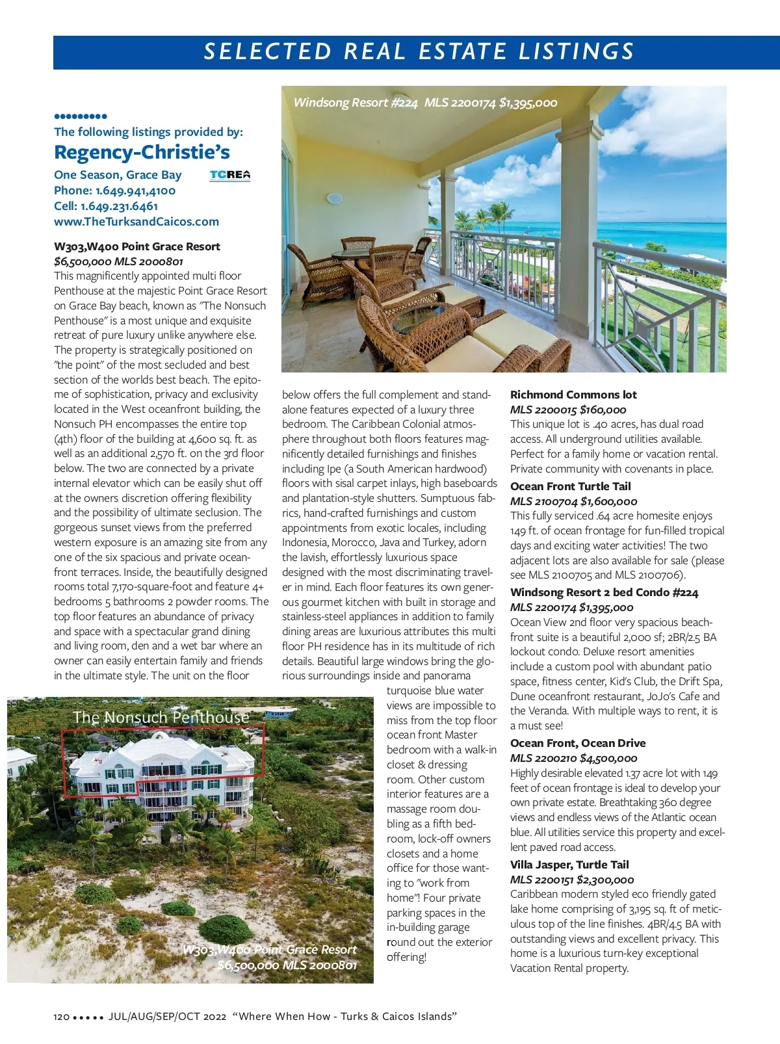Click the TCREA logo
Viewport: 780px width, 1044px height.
click(229, 175)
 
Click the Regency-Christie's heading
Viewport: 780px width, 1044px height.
click(142, 152)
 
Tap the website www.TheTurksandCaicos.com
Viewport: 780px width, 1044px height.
click(136, 222)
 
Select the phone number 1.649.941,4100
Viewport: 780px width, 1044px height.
click(135, 190)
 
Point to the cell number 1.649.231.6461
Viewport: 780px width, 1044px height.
click(119, 206)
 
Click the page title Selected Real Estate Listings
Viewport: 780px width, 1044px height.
click(419, 51)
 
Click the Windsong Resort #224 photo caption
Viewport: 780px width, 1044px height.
click(425, 103)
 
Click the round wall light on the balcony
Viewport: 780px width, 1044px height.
click(334, 198)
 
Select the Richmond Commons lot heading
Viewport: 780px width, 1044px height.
click(573, 395)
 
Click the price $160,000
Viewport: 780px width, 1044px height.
click(603, 410)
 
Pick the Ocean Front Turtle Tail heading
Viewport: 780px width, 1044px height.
click(570, 486)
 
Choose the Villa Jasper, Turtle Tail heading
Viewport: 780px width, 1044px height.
click(569, 865)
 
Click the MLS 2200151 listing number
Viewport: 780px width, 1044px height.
click(541, 880)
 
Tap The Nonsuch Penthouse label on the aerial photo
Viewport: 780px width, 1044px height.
click(161, 717)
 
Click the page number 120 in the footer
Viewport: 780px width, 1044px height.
click(61, 1017)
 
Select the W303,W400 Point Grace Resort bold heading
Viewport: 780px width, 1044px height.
click(137, 246)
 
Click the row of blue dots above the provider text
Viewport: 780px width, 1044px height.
click(81, 116)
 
